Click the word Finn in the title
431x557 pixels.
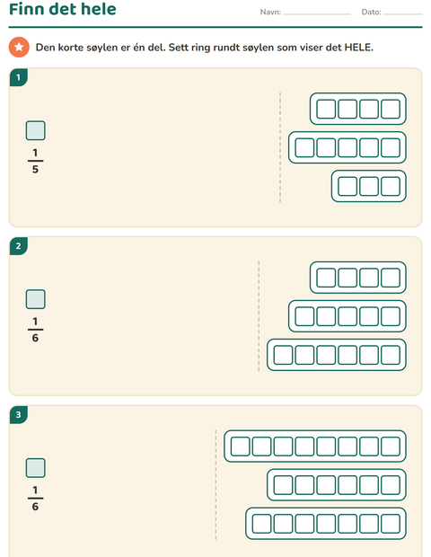coord(27,9)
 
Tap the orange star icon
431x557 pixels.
coord(19,47)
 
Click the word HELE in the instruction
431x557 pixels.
coord(358,48)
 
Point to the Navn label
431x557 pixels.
coord(270,12)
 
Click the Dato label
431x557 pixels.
coord(371,12)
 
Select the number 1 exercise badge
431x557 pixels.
coord(19,77)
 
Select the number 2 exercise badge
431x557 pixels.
coord(19,246)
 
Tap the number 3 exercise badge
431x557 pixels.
coord(19,414)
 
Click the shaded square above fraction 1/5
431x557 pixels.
coord(36,130)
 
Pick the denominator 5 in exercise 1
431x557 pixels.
coord(35,169)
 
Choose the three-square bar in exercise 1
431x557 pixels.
coord(368,186)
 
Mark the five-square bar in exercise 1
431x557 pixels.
coord(347,147)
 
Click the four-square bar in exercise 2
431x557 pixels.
coord(358,278)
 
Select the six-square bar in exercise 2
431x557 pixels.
coord(337,355)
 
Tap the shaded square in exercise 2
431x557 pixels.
coord(36,299)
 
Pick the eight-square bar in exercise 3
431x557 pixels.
coord(315,446)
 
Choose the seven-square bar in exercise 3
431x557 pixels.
coord(326,524)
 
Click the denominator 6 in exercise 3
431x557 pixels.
coord(35,507)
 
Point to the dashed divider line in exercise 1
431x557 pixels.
coord(280,147)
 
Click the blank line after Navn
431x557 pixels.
coord(317,14)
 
